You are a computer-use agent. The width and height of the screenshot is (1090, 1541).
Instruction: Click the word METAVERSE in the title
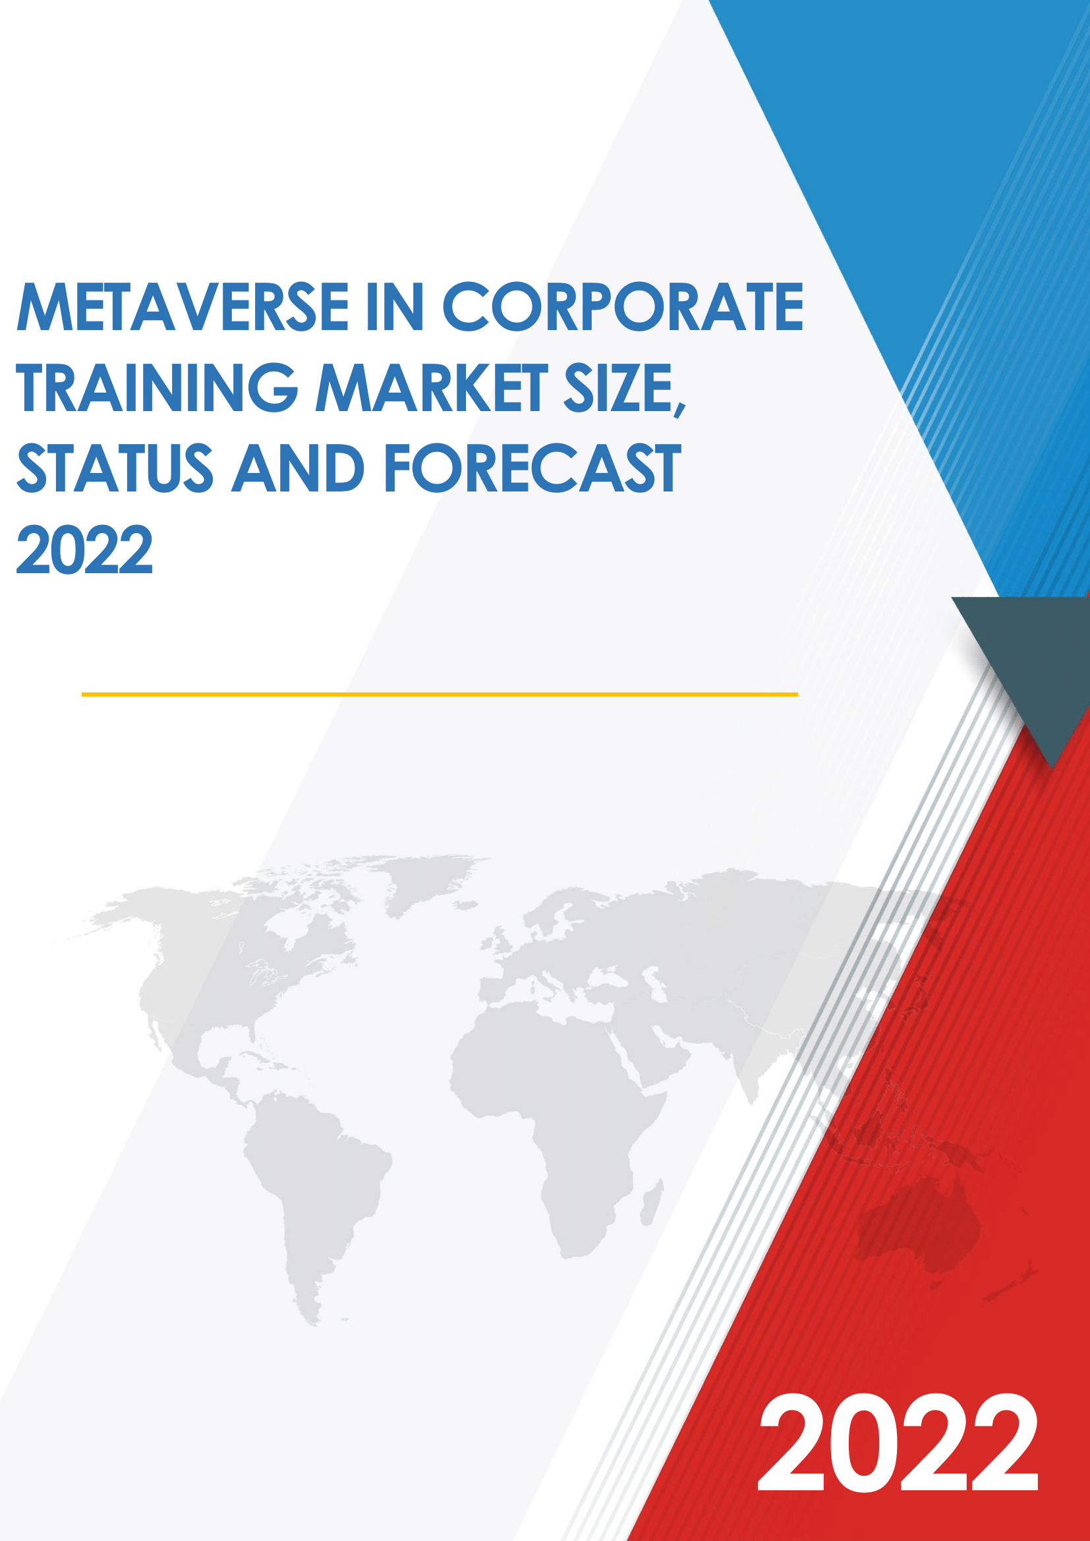pos(183,307)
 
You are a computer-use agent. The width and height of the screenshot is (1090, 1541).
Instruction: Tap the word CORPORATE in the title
pos(622,307)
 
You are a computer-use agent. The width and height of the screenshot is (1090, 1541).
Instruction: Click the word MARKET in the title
pos(432,387)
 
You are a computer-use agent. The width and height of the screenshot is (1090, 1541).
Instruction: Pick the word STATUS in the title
pos(115,468)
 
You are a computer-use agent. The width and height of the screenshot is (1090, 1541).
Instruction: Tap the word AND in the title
pos(299,468)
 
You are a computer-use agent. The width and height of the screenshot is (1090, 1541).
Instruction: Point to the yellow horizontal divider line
pos(440,694)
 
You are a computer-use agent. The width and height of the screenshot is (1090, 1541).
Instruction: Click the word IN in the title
pos(396,307)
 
